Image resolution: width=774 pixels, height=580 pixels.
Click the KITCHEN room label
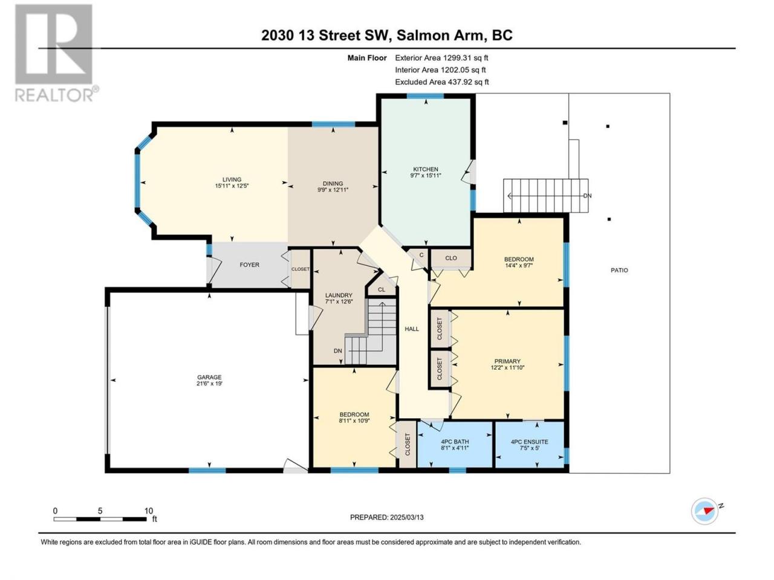(426, 169)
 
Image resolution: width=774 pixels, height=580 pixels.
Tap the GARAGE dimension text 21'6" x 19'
(209, 384)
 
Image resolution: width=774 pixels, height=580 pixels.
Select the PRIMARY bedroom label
(507, 361)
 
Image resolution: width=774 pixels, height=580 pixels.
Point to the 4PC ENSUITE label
(529, 442)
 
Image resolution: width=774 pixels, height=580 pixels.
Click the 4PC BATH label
(455, 442)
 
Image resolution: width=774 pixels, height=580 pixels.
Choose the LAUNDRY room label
(339, 295)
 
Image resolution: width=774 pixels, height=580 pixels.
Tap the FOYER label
(249, 265)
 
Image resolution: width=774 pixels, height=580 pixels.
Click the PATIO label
(619, 270)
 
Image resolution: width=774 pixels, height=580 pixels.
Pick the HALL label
(412, 329)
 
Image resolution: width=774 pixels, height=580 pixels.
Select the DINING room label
(333, 184)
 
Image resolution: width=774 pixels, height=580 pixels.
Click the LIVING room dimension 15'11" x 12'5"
(232, 185)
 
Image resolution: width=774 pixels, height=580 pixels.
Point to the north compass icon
(704, 511)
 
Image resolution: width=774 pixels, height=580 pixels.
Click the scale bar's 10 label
(149, 511)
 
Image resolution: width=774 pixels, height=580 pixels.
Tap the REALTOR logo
(56, 53)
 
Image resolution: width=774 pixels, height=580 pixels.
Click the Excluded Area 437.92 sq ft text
(441, 82)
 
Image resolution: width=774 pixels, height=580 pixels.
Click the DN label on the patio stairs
(587, 196)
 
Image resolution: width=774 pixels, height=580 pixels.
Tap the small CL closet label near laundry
(382, 290)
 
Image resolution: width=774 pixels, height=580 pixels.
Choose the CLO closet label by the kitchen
(451, 258)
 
